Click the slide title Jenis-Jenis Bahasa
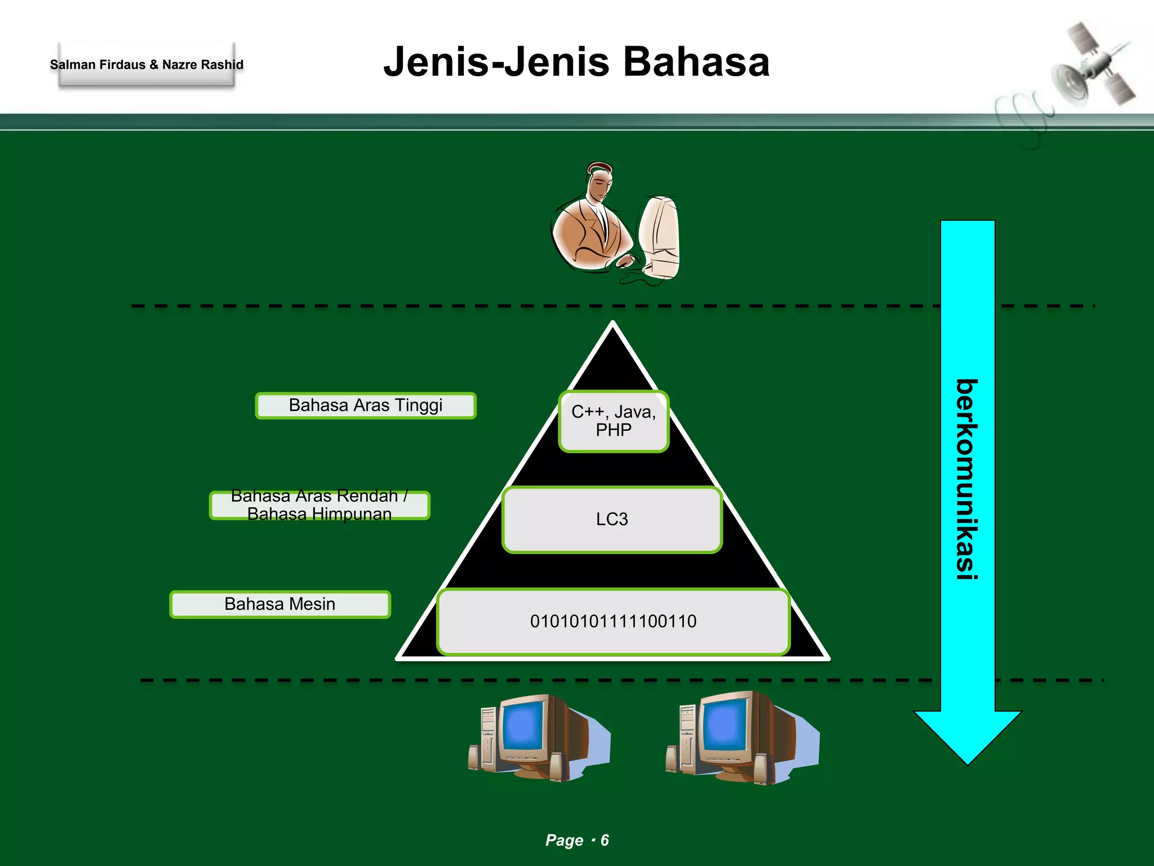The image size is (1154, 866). coord(576,62)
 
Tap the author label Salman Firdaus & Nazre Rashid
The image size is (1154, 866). coord(147,65)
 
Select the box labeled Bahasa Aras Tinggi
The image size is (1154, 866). coord(366,405)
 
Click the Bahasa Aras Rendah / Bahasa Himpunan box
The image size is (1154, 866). coord(319,505)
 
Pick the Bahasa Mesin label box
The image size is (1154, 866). coord(280,604)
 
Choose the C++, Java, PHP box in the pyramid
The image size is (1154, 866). coord(614,421)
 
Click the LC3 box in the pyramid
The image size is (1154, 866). coord(612,519)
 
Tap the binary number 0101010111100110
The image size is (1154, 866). coord(613,621)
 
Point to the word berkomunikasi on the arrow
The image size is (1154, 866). coord(967,479)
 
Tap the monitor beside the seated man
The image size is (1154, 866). coord(660,237)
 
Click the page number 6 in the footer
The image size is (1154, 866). coord(605,840)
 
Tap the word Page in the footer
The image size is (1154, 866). coord(564,840)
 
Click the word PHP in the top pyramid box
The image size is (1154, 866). coord(614,431)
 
